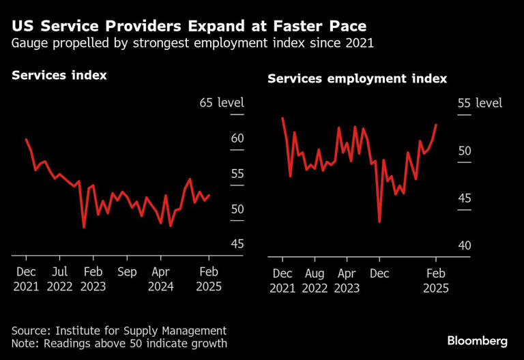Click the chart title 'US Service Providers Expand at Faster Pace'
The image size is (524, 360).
click(189, 27)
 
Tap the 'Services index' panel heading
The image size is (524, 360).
click(59, 75)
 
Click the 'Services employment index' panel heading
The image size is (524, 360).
click(357, 79)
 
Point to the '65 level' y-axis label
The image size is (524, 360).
click(221, 103)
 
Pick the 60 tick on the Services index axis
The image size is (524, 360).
click(237, 138)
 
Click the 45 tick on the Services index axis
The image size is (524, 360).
click(237, 244)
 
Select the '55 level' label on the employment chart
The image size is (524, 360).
click(479, 103)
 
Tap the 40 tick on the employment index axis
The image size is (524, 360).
click(463, 245)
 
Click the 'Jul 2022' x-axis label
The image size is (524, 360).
click(59, 278)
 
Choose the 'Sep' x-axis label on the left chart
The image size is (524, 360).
click(127, 272)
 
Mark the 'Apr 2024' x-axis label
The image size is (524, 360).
click(160, 278)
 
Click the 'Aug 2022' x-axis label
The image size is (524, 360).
click(315, 280)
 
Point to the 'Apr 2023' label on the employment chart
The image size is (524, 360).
click(348, 280)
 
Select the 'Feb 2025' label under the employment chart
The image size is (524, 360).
click(435, 280)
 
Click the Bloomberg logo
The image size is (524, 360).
click(477, 340)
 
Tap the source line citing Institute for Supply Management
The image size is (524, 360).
click(119, 330)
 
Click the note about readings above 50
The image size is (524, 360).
click(119, 344)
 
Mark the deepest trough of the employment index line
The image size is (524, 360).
click(379, 222)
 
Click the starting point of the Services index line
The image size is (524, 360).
click(26, 140)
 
